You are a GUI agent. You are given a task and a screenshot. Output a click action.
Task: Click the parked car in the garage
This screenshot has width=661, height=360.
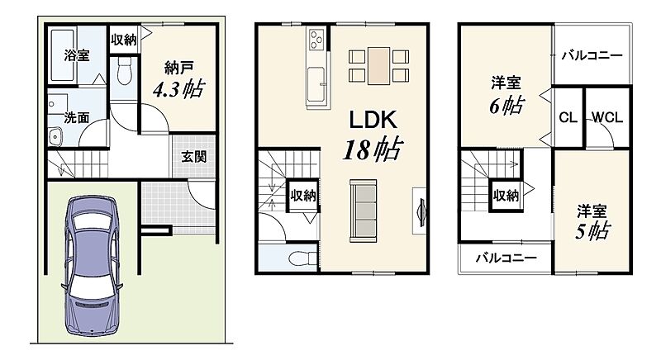coord(92,266)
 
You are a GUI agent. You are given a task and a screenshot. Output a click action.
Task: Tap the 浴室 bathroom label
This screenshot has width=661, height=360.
coord(77,54)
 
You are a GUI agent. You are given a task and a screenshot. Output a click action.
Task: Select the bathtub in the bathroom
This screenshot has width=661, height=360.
coord(63,55)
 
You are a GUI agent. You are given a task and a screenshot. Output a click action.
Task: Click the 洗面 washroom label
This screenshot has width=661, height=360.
coord(77,117)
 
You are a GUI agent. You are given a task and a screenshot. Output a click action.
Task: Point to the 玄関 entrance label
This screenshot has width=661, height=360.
coord(194,157)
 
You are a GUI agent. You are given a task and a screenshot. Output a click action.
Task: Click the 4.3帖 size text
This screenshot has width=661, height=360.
coord(178,89)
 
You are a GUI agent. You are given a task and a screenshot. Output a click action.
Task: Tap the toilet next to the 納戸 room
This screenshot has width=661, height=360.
coord(125,71)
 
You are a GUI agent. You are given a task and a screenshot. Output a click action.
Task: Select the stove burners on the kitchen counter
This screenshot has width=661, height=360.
coord(316,39)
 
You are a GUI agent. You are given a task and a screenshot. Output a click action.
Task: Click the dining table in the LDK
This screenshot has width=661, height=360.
coord(378,66)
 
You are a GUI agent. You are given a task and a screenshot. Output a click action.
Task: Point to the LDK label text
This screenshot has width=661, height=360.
coord(373,120)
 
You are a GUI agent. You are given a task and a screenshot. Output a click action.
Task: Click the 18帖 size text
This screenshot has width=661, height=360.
coord(373,149)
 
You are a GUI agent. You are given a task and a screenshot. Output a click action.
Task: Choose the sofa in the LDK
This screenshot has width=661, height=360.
coord(363,211)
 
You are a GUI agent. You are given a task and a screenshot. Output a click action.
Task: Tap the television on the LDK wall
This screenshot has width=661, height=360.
coord(421,210)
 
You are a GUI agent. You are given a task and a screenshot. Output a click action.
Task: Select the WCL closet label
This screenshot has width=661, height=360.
coord(607,117)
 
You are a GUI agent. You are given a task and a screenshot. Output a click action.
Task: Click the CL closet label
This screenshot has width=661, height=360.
coord(568,117)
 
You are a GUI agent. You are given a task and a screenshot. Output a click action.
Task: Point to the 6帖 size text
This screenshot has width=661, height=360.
coord(506,105)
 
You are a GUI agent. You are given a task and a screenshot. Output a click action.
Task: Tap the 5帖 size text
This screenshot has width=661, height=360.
coord(592,231)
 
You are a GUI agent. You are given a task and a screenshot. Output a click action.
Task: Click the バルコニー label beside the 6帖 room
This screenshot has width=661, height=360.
coord(592,55)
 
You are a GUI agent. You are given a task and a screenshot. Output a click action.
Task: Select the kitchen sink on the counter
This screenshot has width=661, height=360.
coord(316,84)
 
